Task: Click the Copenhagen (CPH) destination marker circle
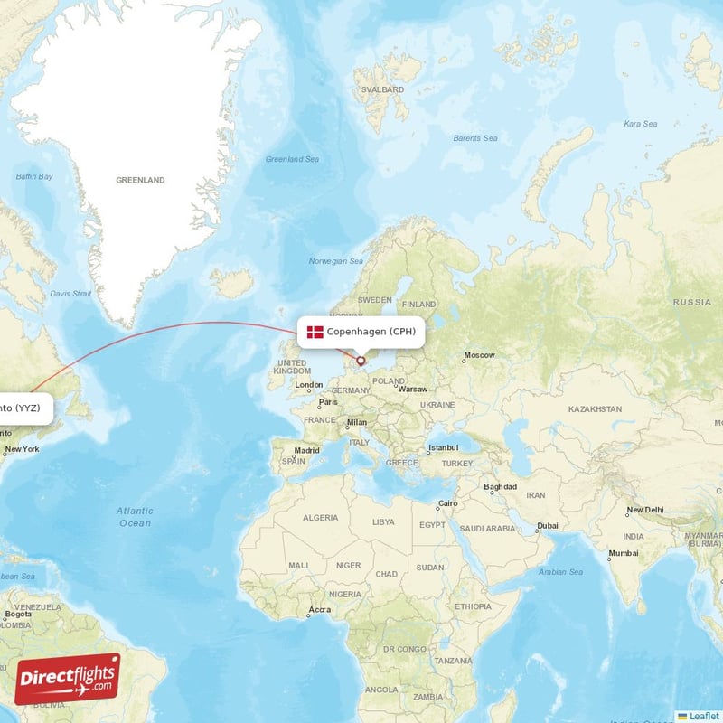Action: (361, 361)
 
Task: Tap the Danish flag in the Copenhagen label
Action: (315, 332)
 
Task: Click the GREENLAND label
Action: (140, 180)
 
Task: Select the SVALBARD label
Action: (382, 90)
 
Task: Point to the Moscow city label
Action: (479, 355)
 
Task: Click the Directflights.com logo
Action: (68, 679)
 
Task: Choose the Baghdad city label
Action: (500, 486)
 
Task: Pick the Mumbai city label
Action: (624, 552)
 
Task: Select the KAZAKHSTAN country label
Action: (595, 409)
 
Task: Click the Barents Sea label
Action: (475, 138)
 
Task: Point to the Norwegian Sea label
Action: (336, 261)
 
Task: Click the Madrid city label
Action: (306, 450)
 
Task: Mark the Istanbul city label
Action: (444, 447)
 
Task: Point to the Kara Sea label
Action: (640, 124)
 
